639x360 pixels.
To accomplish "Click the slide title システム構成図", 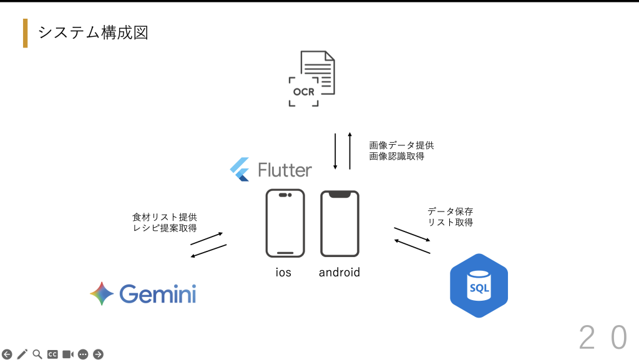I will [93, 32].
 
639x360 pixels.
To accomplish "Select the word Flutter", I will [285, 170].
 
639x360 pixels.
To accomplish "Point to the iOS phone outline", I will [285, 223].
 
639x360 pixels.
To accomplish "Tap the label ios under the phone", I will [283, 273].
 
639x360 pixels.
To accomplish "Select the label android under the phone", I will [339, 273].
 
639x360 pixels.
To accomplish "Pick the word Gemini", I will [157, 294].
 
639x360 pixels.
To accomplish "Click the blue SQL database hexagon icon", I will [479, 286].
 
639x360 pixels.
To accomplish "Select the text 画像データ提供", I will [401, 145].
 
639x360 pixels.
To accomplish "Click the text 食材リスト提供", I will [165, 217].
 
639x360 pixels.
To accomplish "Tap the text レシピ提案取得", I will [165, 228].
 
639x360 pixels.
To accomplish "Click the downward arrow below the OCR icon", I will [336, 152].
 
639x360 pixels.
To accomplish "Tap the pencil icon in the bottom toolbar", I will [22, 354].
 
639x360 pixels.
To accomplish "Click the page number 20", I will [603, 338].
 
